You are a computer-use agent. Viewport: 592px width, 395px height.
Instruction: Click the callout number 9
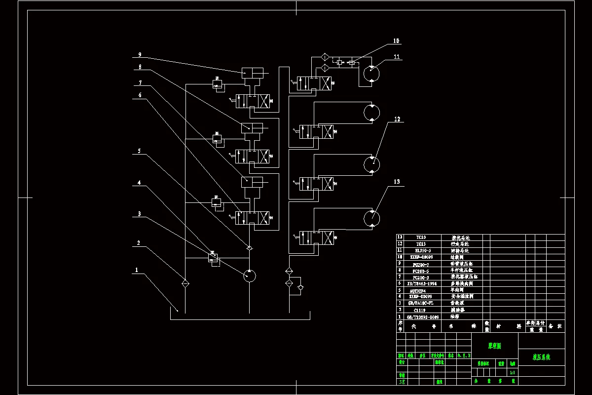[140, 54]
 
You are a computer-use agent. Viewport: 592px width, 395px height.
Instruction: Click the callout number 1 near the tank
[137, 270]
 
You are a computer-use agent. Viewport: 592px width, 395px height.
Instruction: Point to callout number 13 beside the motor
[397, 182]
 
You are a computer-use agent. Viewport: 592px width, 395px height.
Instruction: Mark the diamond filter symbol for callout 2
[185, 283]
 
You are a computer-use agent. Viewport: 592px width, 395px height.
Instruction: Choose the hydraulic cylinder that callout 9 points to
[252, 73]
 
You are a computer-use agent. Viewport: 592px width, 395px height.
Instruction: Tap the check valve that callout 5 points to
[250, 247]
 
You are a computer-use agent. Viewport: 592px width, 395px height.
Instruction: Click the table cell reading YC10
[420, 237]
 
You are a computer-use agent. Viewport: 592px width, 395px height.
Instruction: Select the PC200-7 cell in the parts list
[420, 264]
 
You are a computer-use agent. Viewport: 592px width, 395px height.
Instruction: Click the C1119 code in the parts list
[420, 310]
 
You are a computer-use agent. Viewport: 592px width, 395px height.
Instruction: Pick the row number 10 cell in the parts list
[400, 257]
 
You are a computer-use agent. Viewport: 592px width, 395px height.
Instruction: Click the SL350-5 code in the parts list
[420, 251]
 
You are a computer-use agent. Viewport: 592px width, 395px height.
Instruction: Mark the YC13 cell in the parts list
[420, 244]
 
